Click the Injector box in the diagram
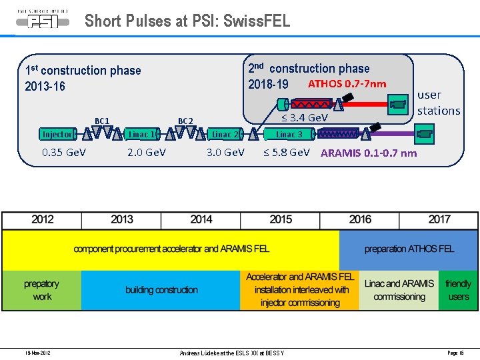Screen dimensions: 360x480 [57, 134]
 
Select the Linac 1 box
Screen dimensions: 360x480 [143, 134]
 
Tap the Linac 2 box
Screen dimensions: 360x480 [225, 134]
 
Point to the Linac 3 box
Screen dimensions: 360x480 [289, 134]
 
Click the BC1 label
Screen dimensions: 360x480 [102, 121]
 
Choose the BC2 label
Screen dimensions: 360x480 [185, 121]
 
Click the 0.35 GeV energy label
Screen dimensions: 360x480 [63, 152]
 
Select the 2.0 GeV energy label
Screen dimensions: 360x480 [147, 152]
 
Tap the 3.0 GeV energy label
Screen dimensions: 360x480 [225, 152]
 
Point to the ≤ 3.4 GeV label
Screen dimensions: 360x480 [304, 118]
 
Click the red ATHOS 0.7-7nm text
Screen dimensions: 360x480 [347, 84]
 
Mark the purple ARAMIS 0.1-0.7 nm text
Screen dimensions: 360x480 [369, 153]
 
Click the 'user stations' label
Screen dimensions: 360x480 [439, 103]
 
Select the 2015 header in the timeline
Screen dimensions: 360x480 [281, 219]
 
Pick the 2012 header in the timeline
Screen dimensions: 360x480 [42, 219]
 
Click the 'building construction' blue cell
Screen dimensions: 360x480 [161, 290]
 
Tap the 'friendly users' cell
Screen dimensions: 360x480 [458, 290]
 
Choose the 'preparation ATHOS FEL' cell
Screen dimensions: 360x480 [409, 249]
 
